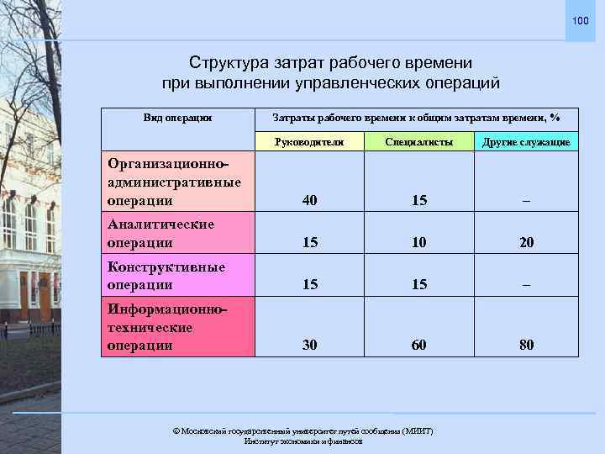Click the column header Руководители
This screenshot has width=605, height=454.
(310, 142)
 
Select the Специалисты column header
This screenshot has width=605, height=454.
(419, 142)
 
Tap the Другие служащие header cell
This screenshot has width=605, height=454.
(526, 142)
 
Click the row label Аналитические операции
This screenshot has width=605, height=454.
(161, 233)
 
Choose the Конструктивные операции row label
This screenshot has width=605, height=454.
(166, 276)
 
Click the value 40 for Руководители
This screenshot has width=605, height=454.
(310, 201)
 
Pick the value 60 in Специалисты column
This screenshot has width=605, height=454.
(419, 345)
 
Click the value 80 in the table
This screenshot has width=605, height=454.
(526, 345)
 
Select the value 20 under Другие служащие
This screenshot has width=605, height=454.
(526, 242)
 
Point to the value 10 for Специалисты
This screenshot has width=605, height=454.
(419, 242)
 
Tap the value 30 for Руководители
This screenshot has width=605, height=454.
(310, 345)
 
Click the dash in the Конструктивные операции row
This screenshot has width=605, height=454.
(526, 285)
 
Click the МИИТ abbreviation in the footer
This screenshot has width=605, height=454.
(417, 430)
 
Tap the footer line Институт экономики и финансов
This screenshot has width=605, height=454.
(302, 441)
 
